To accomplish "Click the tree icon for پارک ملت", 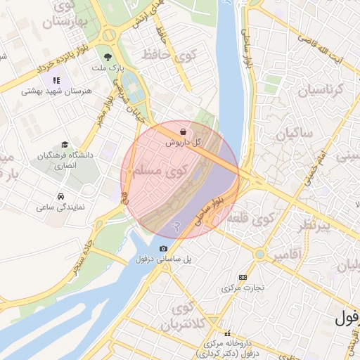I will click(107, 58).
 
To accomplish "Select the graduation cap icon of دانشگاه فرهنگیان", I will click(65, 144).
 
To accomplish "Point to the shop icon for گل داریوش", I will click(184, 131).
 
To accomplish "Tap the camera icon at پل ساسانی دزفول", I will click(163, 248).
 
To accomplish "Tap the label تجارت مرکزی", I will click(243, 288).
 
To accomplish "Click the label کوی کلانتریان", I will click(188, 317).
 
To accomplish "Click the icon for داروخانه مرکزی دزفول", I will click(226, 334).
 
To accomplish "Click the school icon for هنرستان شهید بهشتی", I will click(56, 79).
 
